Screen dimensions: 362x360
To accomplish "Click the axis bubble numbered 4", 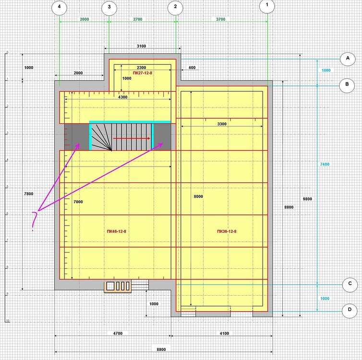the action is point(60,8).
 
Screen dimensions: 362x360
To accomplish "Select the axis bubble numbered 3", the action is point(109,8).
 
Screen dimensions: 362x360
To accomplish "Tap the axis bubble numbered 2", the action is point(175,7).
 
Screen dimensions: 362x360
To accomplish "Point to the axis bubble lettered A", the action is point(348,59).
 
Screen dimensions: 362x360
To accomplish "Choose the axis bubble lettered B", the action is point(347,85).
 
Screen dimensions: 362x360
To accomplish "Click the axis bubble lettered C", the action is point(350,284).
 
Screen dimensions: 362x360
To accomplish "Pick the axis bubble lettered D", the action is point(350,311).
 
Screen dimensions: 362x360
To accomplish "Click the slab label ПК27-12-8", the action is point(143,73).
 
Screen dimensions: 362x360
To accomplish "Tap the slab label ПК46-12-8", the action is point(117,231).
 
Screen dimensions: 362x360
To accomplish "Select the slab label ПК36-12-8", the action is point(227,231).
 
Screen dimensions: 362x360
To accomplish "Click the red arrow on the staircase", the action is point(132,138).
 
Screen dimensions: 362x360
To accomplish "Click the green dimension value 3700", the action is point(220,19).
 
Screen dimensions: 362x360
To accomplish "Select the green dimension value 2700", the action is point(138,19).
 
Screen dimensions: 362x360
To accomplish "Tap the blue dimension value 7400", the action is point(325,164).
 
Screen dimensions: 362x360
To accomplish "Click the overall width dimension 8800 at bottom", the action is point(161,349).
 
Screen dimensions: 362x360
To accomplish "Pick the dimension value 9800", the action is point(307,199).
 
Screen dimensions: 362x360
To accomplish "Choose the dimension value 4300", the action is point(122,97).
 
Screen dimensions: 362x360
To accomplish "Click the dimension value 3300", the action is point(222,124).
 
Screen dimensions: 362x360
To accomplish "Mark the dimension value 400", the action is point(192,68).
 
